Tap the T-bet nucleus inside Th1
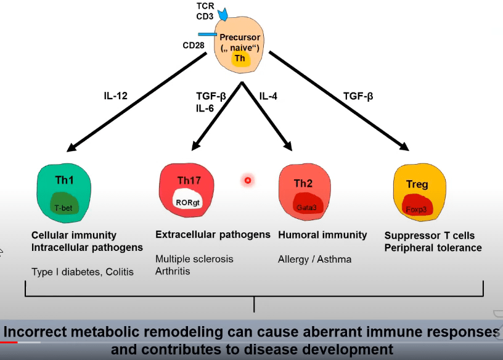[x=63, y=208]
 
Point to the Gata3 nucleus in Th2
[x=306, y=208]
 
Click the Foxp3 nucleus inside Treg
[x=416, y=208]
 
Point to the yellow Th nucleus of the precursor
[x=239, y=59]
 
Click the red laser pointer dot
[x=248, y=180]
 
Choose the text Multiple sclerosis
[x=194, y=259]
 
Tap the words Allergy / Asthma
[x=314, y=259]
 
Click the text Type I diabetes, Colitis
[x=83, y=272]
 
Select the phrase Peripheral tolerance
[x=433, y=248]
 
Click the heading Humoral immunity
[x=322, y=235]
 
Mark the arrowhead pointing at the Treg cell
[x=404, y=146]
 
